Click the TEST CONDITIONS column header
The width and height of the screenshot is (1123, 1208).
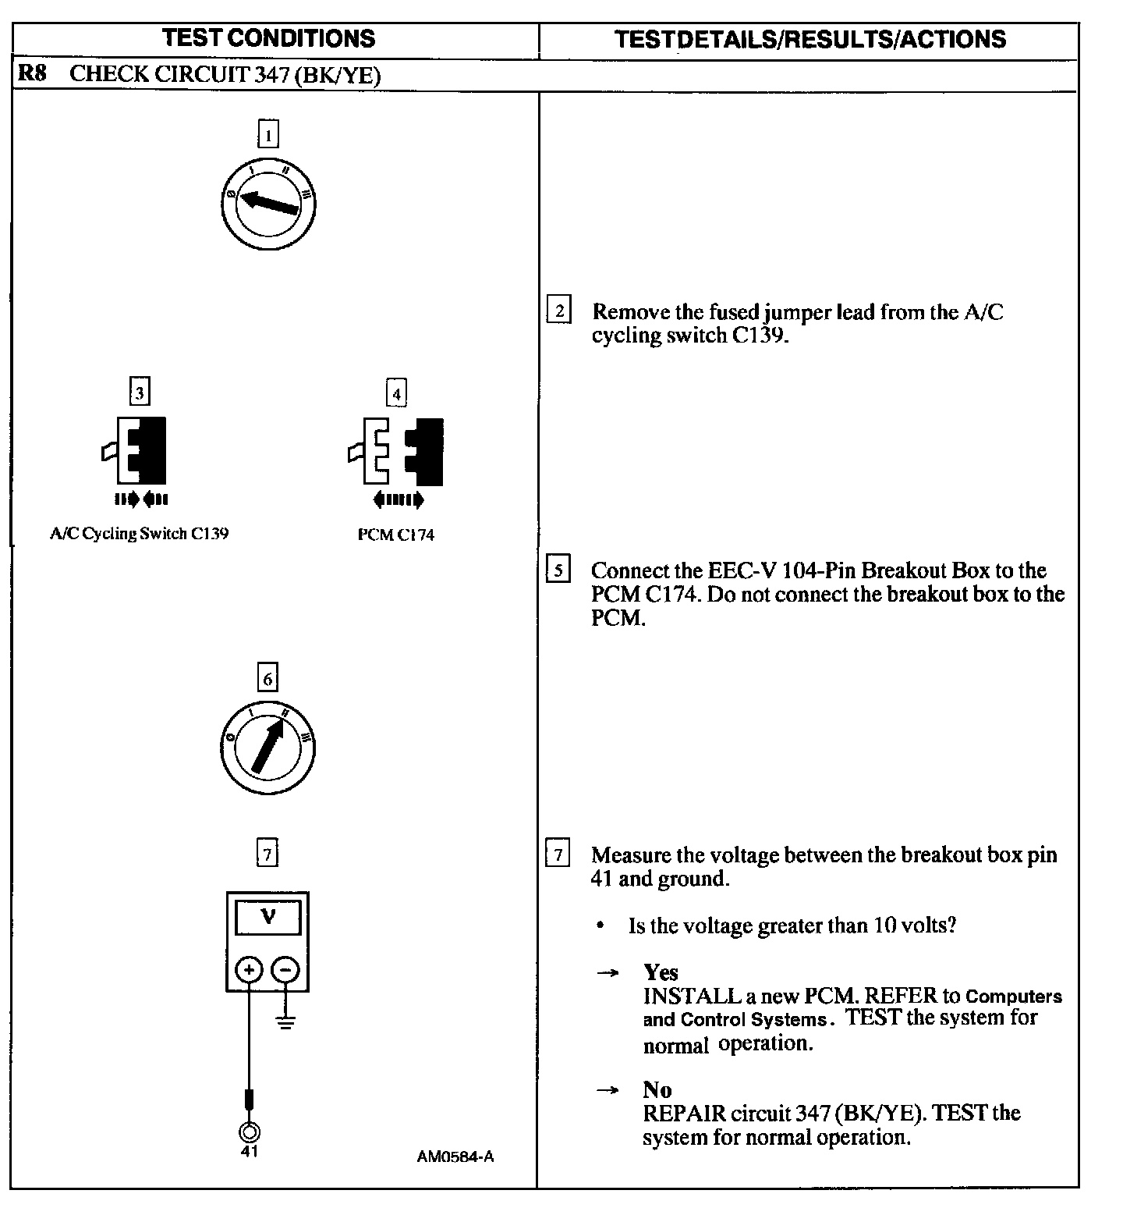(x=269, y=38)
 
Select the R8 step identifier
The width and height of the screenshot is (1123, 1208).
(x=32, y=75)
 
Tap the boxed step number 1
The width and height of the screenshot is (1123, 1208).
(x=267, y=135)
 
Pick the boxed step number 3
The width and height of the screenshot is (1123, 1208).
(x=139, y=393)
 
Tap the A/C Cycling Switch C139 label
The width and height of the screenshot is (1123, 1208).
(x=139, y=535)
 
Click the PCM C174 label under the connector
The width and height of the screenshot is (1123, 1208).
(x=395, y=535)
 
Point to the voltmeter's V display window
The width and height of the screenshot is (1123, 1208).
(x=267, y=918)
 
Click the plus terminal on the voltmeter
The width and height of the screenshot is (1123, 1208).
(x=249, y=970)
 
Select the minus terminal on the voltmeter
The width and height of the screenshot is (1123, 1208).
(x=285, y=970)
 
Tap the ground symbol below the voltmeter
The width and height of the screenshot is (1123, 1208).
(x=286, y=1021)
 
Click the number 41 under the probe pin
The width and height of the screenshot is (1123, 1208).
(x=249, y=1152)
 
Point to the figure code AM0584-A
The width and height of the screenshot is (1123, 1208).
(x=455, y=1156)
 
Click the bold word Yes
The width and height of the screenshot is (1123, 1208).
(x=661, y=972)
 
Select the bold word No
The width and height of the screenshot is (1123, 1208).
(x=657, y=1089)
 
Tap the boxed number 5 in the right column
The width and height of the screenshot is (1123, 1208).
(x=558, y=570)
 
